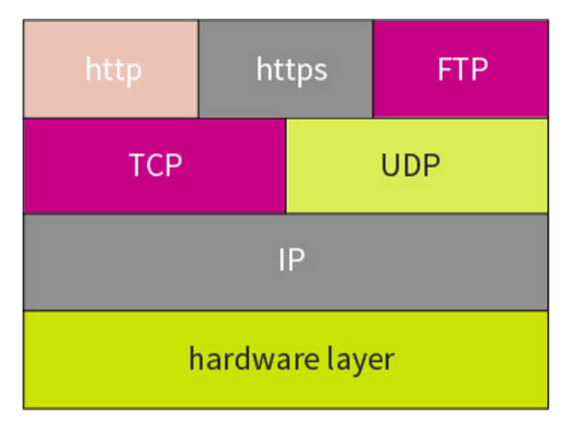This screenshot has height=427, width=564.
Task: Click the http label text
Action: point(113,70)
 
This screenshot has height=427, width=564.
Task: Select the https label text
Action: point(291,70)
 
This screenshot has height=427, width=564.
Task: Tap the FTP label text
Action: point(462,70)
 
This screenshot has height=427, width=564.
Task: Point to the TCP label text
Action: point(156,165)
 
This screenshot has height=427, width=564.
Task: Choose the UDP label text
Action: point(411,165)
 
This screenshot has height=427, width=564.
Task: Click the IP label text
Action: point(291,261)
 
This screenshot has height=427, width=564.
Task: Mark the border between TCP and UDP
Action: point(286,166)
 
